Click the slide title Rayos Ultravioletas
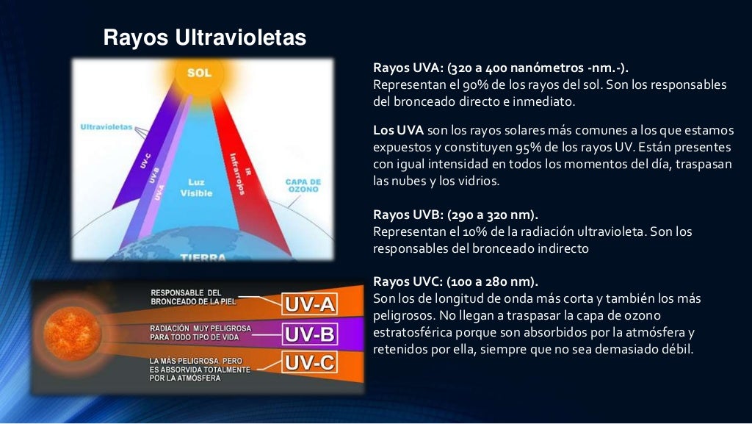(204, 37)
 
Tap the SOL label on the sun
(199, 73)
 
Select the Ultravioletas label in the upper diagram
(106, 126)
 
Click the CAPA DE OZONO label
(303, 184)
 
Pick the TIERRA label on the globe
(203, 258)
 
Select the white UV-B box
(309, 335)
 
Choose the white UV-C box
(309, 363)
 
